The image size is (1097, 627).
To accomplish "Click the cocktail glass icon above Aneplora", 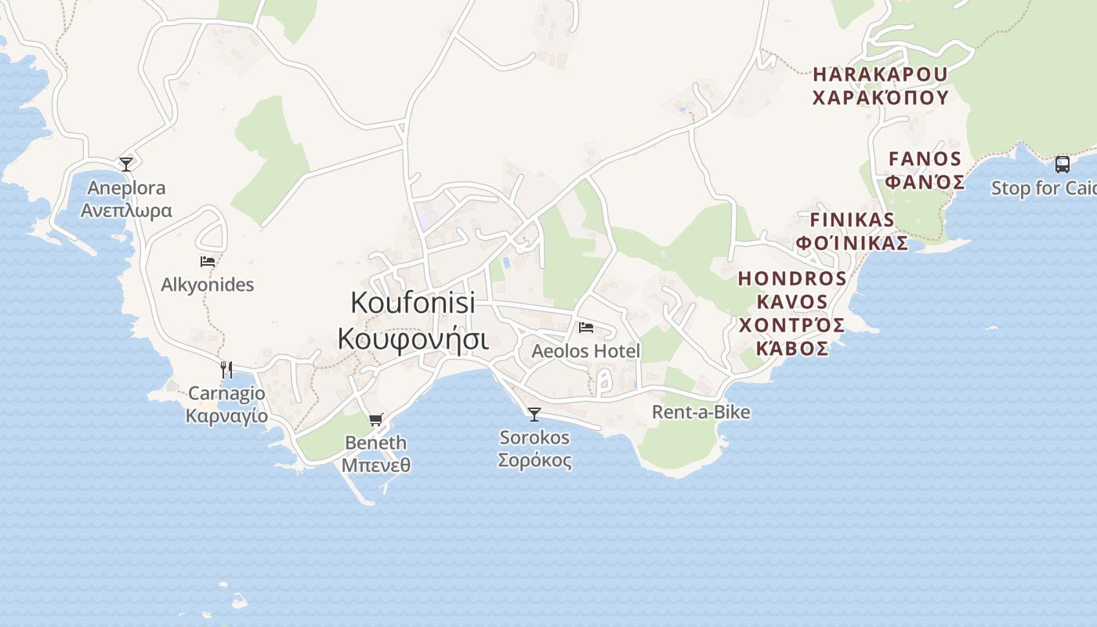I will click(126, 164).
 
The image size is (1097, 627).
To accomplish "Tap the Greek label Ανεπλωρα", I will click(126, 211).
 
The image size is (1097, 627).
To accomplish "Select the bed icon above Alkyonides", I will click(208, 262).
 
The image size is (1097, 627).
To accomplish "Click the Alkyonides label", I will click(208, 285).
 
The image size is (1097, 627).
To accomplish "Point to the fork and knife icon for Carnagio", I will click(226, 369).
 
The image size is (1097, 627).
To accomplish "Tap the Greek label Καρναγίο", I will click(226, 416).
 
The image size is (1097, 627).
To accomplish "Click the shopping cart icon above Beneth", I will click(376, 420).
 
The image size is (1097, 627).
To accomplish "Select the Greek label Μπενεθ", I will click(376, 465).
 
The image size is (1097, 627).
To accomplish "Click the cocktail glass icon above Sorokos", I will click(534, 414).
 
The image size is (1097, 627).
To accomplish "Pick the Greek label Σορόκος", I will click(535, 460).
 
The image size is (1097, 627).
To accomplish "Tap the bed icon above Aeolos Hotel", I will click(586, 328).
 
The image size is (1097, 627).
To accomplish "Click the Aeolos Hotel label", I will click(586, 351).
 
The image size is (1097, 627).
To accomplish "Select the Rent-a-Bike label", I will click(701, 412).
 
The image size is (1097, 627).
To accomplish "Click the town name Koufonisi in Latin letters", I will click(413, 303).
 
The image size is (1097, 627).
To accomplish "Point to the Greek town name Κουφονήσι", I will click(413, 340).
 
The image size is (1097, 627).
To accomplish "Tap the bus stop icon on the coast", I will click(1063, 165).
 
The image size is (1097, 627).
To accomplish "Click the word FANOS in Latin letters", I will click(925, 159).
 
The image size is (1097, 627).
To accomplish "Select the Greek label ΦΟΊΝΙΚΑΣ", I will click(852, 243).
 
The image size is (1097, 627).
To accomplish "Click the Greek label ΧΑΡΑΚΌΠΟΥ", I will click(881, 98).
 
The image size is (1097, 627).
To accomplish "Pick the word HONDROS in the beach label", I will click(792, 279).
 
